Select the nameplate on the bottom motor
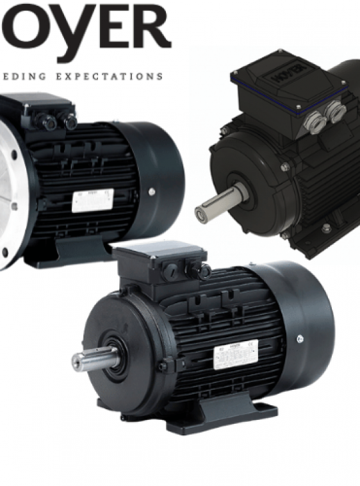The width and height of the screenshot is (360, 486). point(235,355)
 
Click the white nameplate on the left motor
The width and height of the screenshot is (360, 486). point(92,200)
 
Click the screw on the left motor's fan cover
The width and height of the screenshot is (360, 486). point(152,191)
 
